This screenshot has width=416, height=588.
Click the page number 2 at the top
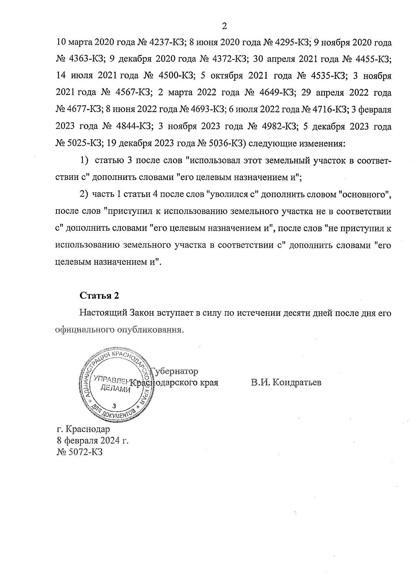tap(224, 26)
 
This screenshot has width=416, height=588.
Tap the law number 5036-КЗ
tap(226, 143)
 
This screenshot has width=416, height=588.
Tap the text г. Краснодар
tap(83, 429)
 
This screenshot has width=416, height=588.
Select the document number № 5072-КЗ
tap(79, 452)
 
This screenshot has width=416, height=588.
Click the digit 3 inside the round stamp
tap(115, 406)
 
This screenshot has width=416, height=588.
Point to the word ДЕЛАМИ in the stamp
tap(115, 389)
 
